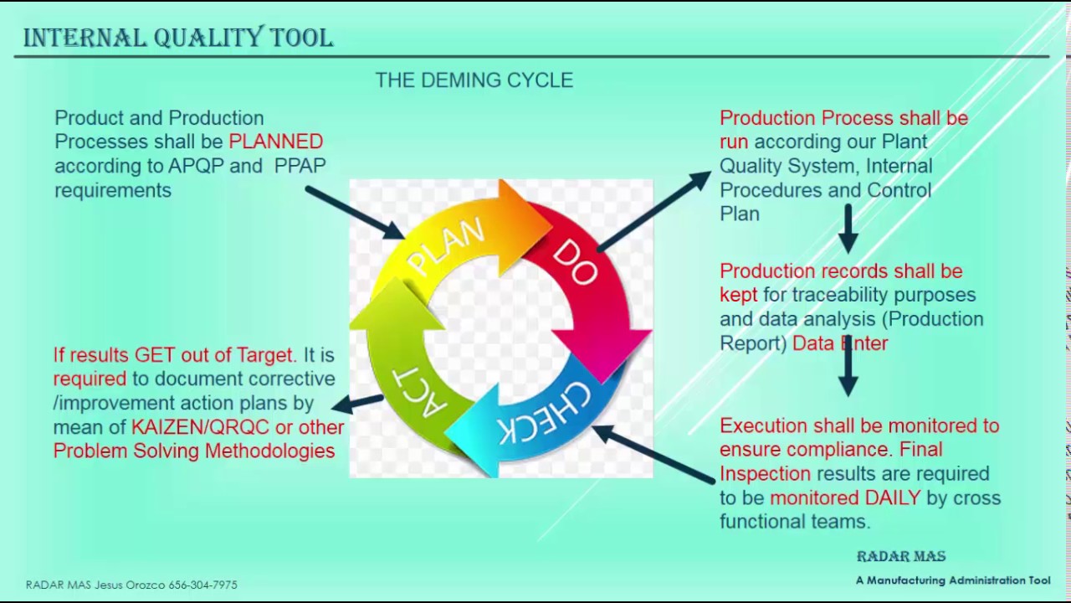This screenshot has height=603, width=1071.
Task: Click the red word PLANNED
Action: [x=275, y=142]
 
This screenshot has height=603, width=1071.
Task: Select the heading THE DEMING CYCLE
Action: [x=474, y=80]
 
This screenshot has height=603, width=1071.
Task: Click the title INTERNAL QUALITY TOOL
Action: [x=177, y=38]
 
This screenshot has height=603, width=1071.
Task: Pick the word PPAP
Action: [x=300, y=166]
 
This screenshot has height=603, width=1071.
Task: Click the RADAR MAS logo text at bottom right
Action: [x=900, y=556]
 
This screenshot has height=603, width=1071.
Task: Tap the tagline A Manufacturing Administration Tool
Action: [x=952, y=580]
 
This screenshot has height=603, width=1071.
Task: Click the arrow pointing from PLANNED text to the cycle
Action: [x=355, y=213]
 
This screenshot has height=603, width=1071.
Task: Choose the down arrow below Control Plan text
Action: [x=848, y=227]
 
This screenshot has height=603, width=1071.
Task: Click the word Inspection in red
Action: [x=765, y=473]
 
